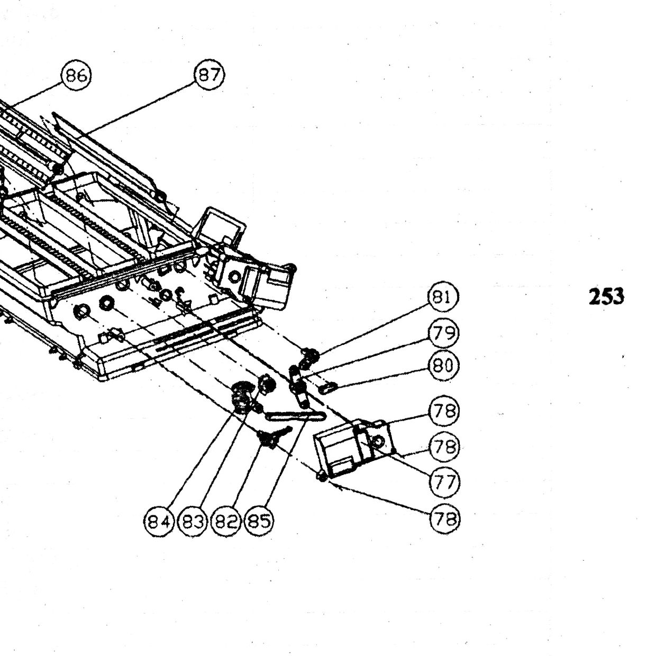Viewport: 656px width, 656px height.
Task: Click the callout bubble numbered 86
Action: pyautogui.click(x=76, y=75)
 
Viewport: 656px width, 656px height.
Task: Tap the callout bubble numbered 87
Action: pyautogui.click(x=209, y=74)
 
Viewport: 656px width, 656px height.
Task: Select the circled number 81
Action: pyautogui.click(x=443, y=297)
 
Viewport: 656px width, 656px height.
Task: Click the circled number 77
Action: pyautogui.click(x=445, y=482)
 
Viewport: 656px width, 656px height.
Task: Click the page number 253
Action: pyautogui.click(x=606, y=296)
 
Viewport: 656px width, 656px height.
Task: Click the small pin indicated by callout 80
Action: pyautogui.click(x=328, y=387)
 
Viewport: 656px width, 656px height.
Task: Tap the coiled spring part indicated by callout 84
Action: pyautogui.click(x=242, y=397)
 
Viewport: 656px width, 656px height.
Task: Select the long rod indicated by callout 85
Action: pyautogui.click(x=296, y=416)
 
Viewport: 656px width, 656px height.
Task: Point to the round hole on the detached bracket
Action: pyautogui.click(x=378, y=442)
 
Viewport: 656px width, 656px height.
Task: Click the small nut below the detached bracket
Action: pyautogui.click(x=321, y=477)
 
